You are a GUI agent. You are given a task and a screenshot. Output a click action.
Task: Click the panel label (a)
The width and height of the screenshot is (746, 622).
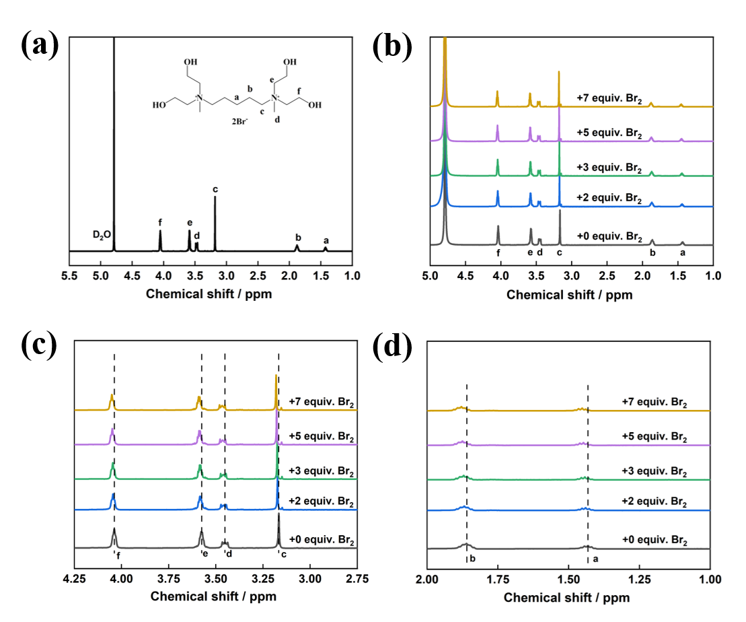(40, 45)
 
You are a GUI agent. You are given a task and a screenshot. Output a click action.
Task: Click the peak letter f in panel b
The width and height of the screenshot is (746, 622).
(498, 252)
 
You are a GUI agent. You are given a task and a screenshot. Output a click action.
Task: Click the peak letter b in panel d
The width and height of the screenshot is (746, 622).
(473, 559)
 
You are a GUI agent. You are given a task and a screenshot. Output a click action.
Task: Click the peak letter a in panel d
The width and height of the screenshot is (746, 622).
(594, 559)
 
